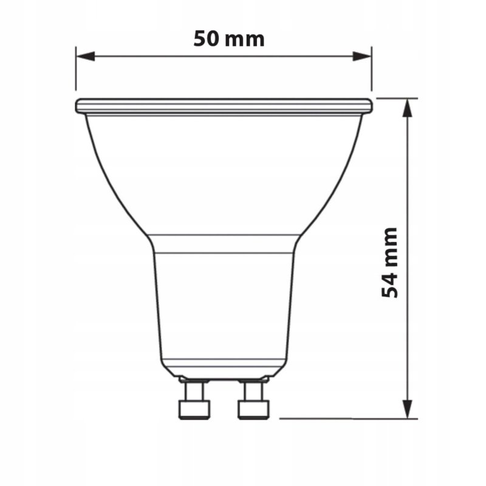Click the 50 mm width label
pyautogui.click(x=229, y=39)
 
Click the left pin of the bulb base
pyautogui.click(x=194, y=400)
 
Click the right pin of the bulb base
pyautogui.click(x=253, y=400)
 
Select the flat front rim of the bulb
pyautogui.click(x=224, y=106)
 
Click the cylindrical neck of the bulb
pyautogui.click(x=224, y=304)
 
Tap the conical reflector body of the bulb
pyautogui.click(x=224, y=176)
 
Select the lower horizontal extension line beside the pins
pyautogui.click(x=346, y=418)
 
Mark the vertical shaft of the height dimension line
pyautogui.click(x=408, y=182)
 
